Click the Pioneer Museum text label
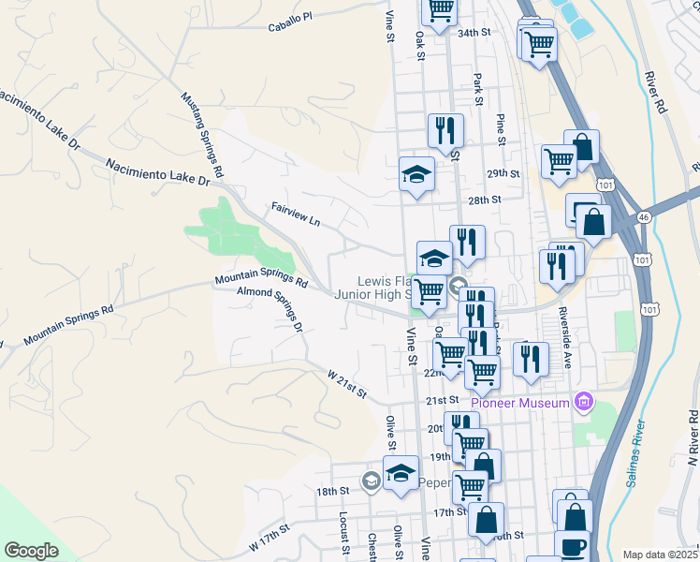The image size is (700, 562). (x=520, y=403)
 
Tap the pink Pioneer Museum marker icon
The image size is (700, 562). (x=585, y=402)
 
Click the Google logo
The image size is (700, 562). (x=32, y=551)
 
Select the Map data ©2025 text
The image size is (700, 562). (x=660, y=555)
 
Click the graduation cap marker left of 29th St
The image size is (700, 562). (x=416, y=174)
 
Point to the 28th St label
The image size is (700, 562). (x=485, y=200)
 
